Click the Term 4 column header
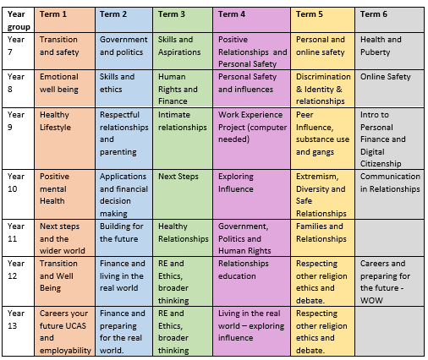(251, 19)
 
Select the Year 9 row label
(19, 139)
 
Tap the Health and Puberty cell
(389, 52)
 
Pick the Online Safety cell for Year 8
(389, 89)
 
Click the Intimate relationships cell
(183, 139)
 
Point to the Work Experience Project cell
(251, 139)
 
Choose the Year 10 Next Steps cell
(183, 194)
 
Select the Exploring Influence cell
(251, 194)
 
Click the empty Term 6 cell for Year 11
(389, 237)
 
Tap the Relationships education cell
(251, 281)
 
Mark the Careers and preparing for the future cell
(389, 281)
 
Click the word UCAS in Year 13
(74, 326)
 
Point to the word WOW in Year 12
(371, 301)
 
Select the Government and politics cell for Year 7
(123, 52)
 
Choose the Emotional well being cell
(64, 89)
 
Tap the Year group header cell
(19, 19)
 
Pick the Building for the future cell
(123, 237)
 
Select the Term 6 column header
(389, 19)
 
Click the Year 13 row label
(19, 331)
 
